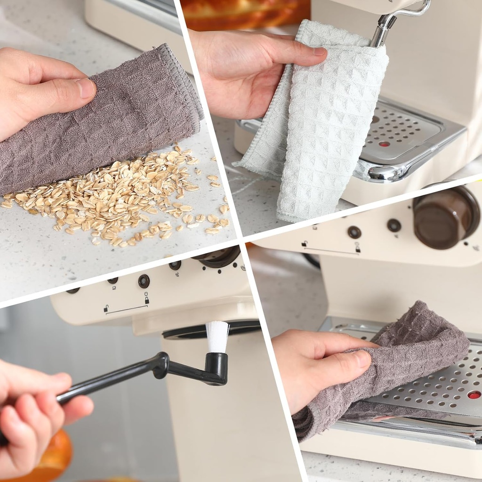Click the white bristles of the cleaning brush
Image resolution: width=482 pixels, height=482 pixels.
tap(217, 336)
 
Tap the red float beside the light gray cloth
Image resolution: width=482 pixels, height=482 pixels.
tap(385, 144)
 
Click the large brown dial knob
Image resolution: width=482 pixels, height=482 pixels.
tap(444, 217)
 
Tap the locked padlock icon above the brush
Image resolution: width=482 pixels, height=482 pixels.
tap(147, 299)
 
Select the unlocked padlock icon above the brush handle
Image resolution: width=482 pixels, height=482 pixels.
tap(106, 309)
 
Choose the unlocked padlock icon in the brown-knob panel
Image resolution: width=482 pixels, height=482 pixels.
tap(305, 243)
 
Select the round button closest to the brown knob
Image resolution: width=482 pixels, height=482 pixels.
tap(394, 225)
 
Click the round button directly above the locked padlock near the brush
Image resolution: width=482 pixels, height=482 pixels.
tap(144, 281)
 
